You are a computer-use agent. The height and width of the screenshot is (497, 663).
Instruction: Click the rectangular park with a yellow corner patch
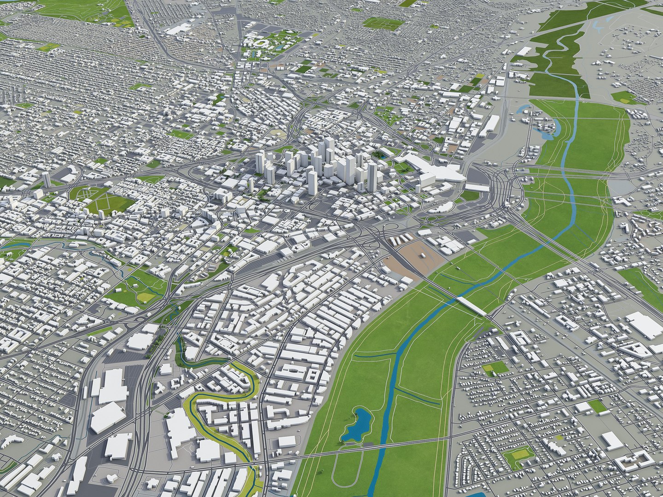click(x=495, y=368)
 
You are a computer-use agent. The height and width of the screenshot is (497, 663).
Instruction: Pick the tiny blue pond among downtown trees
click(x=382, y=156)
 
